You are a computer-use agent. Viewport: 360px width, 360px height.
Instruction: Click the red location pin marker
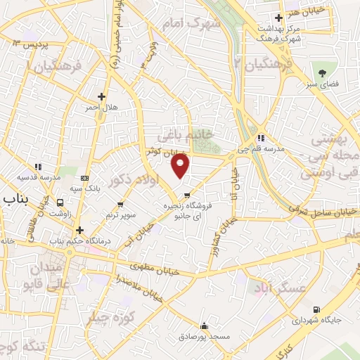click(181, 166)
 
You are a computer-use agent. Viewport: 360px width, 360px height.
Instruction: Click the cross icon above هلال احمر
click(101, 96)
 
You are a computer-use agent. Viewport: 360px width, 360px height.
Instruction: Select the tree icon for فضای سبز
click(323, 72)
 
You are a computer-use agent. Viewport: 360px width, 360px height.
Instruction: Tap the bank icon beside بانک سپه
click(86, 178)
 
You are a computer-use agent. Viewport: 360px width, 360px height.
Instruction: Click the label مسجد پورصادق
click(204, 337)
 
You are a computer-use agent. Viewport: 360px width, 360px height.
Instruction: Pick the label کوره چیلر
click(110, 317)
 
